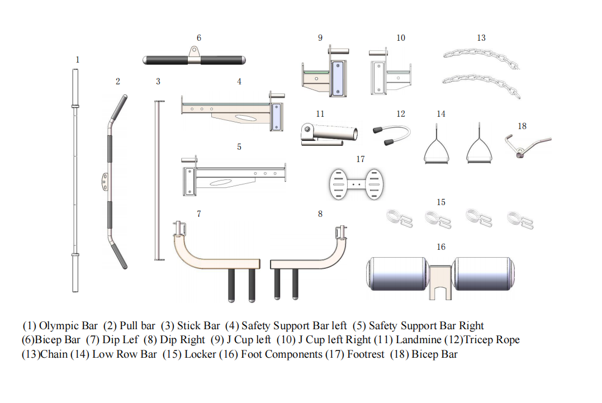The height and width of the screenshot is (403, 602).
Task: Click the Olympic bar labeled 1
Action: [75, 179]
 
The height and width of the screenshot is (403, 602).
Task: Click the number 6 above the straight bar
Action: [198, 38]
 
